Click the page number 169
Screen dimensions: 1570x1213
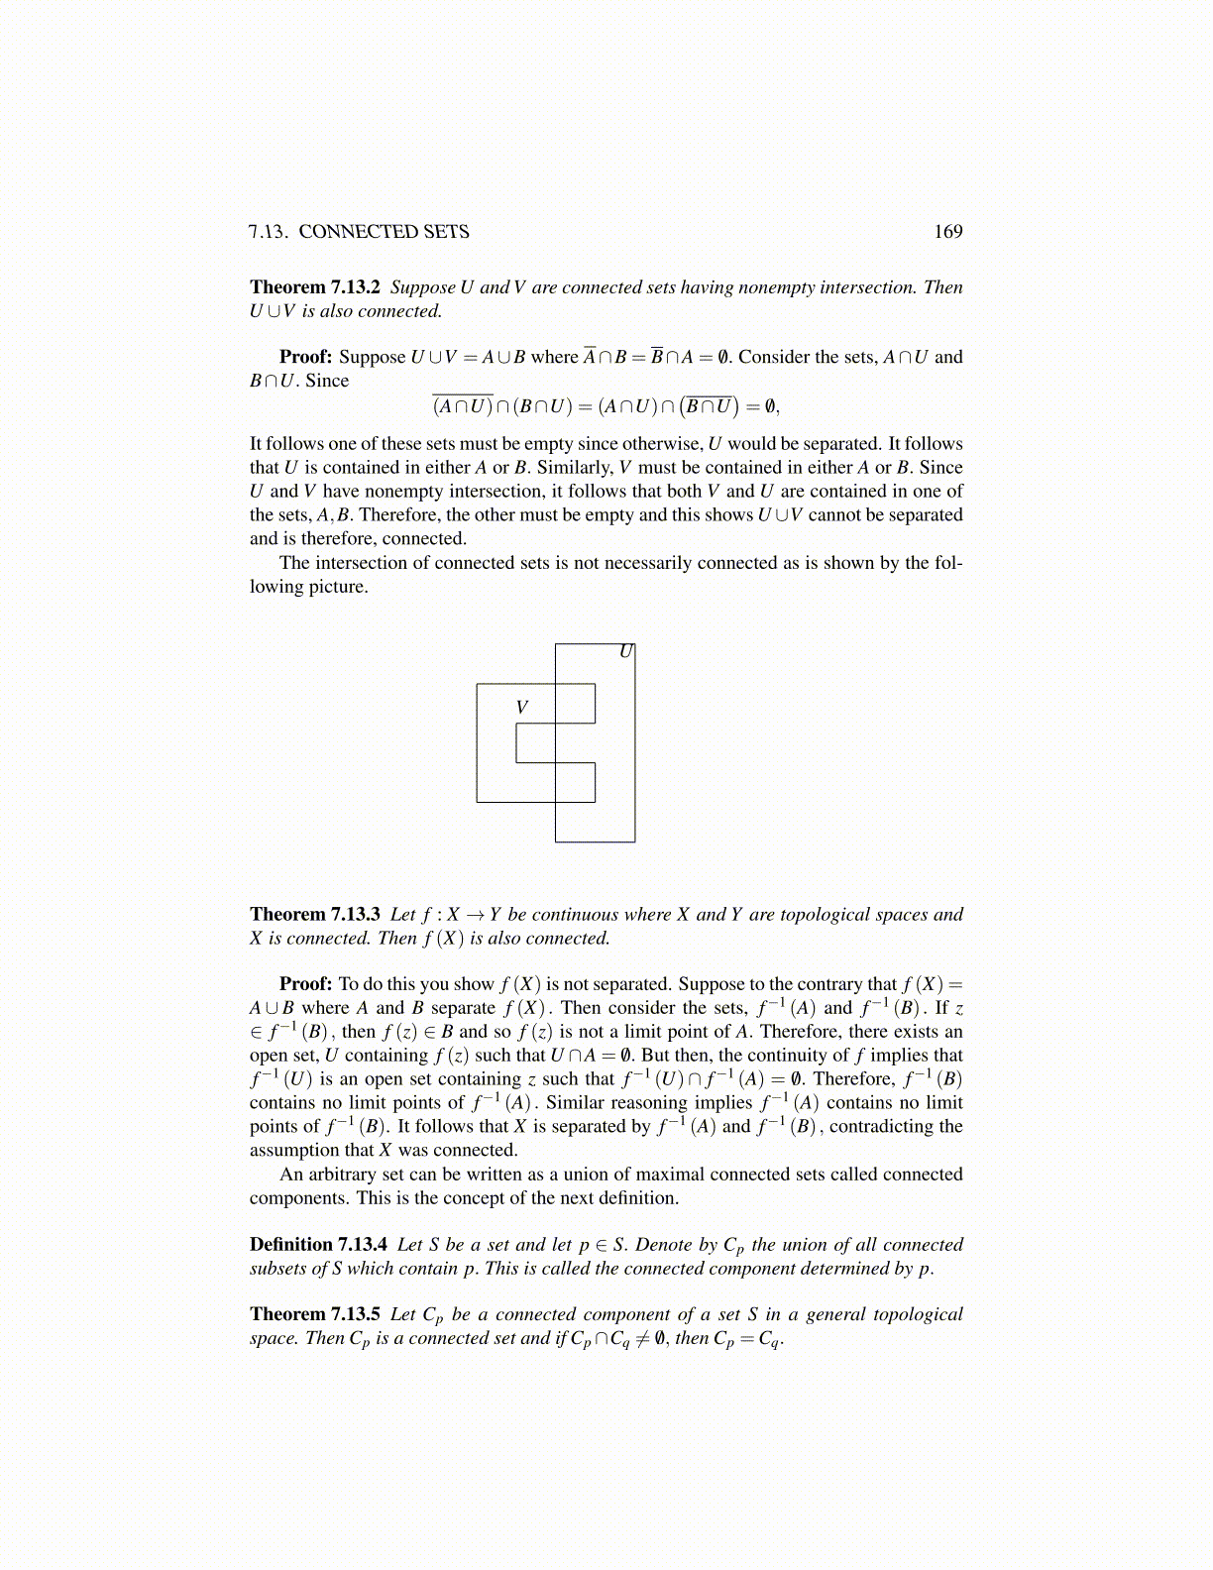point(947,232)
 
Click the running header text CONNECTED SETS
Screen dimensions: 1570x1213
point(384,232)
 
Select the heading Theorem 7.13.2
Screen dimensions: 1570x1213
point(315,287)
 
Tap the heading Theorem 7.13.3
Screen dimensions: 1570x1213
point(315,915)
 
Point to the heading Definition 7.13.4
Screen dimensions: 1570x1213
point(318,1245)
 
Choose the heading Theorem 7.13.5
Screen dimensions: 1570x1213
point(315,1314)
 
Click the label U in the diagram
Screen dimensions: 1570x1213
point(625,652)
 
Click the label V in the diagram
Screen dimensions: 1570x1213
point(522,708)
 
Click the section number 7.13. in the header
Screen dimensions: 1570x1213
point(268,232)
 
